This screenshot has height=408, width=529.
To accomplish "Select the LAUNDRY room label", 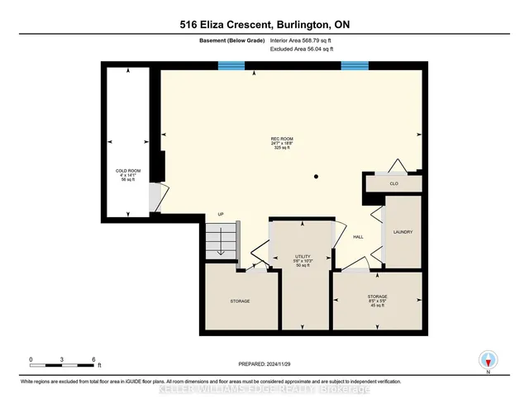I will tap(403, 231).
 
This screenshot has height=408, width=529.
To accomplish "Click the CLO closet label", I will tap(394, 183).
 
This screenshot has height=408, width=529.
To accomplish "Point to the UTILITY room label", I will tap(303, 256).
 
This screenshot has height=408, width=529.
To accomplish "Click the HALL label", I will tap(359, 237).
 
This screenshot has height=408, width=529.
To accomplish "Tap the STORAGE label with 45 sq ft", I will tap(378, 296).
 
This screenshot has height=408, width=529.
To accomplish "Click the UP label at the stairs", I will tap(221, 215).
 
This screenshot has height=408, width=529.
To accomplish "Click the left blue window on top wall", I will tap(231, 65).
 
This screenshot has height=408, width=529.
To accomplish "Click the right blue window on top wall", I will tap(354, 65).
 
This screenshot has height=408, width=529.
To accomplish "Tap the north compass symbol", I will tap(488, 360).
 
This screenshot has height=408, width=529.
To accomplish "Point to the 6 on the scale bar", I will tap(95, 358).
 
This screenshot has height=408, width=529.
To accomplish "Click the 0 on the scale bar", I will tap(31, 358).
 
